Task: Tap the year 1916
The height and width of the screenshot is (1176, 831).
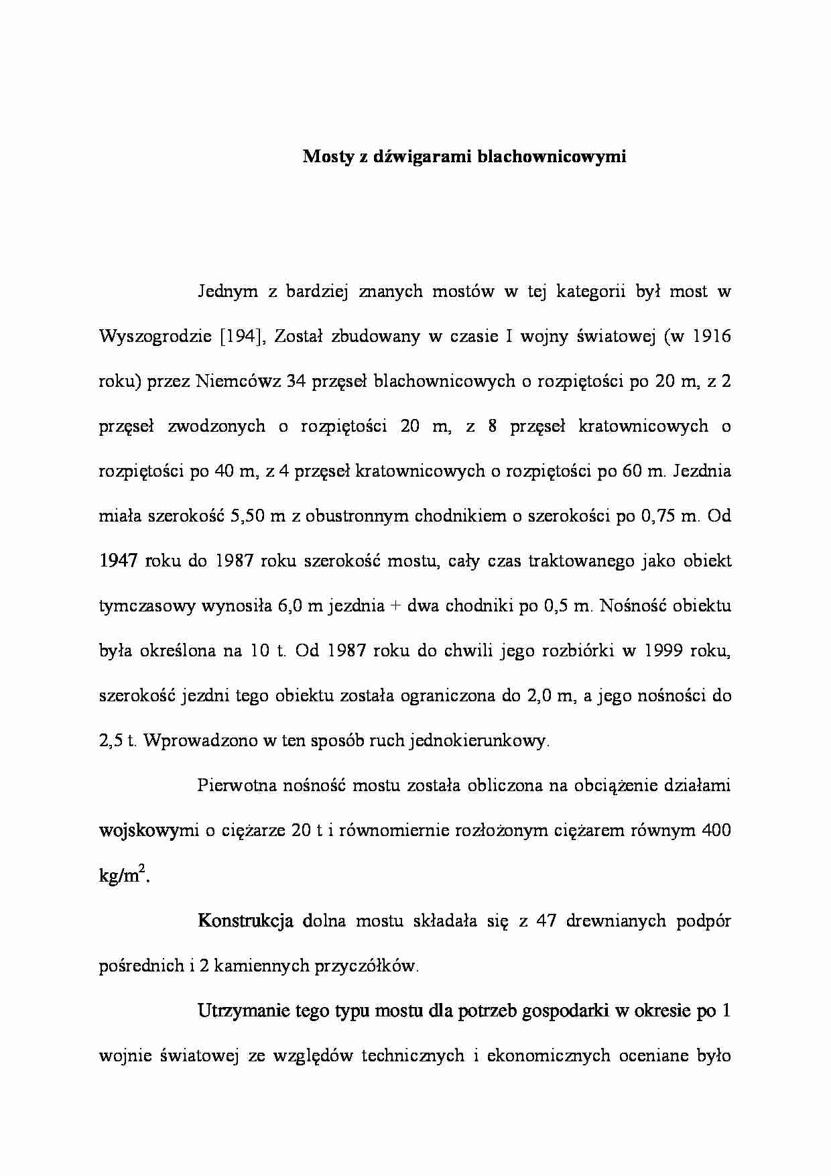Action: click(x=710, y=337)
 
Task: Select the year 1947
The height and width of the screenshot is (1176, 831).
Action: click(x=119, y=561)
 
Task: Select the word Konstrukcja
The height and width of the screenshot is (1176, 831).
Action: click(x=245, y=921)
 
